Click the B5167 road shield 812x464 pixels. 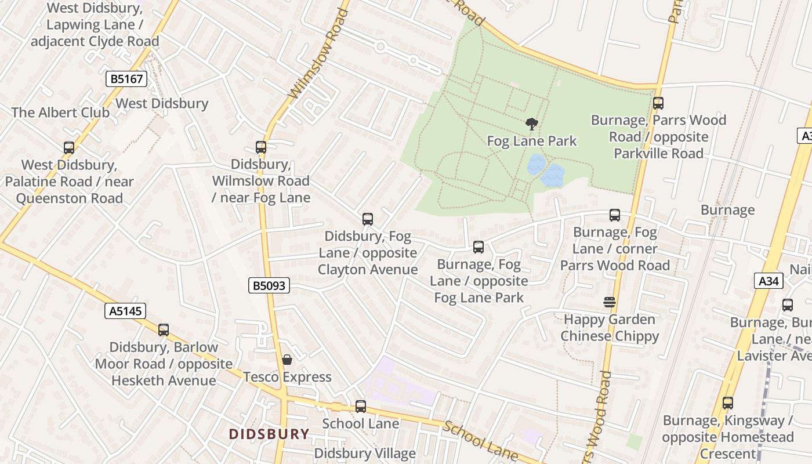pyautogui.click(x=126, y=79)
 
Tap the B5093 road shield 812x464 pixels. pyautogui.click(x=269, y=285)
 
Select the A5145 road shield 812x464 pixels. pyautogui.click(x=125, y=311)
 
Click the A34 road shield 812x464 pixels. pyautogui.click(x=770, y=281)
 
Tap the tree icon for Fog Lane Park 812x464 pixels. pyautogui.click(x=531, y=124)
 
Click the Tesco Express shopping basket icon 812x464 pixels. pyautogui.click(x=287, y=360)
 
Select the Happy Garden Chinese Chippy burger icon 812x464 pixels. pyautogui.click(x=609, y=302)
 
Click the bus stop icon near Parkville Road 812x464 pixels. pyautogui.click(x=658, y=103)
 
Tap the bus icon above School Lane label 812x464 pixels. pyautogui.click(x=361, y=406)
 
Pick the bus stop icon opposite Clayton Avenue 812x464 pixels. pyautogui.click(x=367, y=219)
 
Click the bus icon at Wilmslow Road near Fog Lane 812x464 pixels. pyautogui.click(x=261, y=147)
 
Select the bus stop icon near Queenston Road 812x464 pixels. pyautogui.click(x=69, y=148)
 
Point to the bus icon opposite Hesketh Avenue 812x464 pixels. pyautogui.click(x=164, y=329)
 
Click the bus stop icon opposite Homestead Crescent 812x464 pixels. pyautogui.click(x=727, y=403)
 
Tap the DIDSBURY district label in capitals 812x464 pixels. pyautogui.click(x=269, y=434)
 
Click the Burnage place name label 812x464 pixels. pyautogui.click(x=727, y=210)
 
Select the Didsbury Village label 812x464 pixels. pyautogui.click(x=365, y=453)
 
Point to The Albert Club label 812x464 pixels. pyautogui.click(x=60, y=113)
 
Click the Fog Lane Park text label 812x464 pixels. pyautogui.click(x=532, y=141)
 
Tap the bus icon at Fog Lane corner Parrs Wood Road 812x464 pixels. pyautogui.click(x=615, y=215)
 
